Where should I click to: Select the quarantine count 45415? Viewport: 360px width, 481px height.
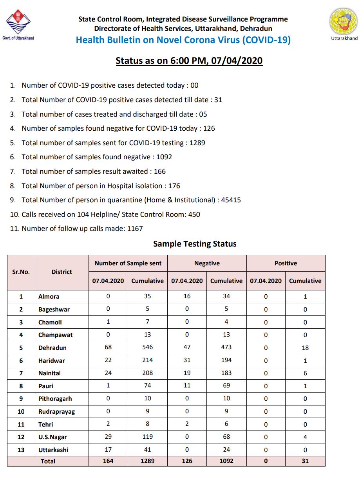[231, 200]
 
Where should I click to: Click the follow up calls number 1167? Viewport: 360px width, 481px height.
[135, 229]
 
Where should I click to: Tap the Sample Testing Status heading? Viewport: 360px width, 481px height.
[195, 244]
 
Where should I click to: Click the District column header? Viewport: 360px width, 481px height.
[62, 272]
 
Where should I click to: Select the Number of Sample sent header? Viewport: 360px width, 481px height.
[128, 263]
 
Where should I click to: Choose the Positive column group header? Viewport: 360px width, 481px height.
[286, 263]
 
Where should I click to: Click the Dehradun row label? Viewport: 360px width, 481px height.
[52, 348]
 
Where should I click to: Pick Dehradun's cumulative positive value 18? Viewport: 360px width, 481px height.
[305, 348]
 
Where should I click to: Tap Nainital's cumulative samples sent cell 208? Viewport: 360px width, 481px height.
[147, 373]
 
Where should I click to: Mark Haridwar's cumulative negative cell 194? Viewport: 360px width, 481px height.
[226, 360]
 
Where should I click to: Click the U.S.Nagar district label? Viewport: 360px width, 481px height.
[53, 437]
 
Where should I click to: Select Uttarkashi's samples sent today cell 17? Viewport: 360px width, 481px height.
[108, 450]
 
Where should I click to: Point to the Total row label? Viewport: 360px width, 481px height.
[48, 461]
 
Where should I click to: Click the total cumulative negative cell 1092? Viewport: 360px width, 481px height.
[226, 461]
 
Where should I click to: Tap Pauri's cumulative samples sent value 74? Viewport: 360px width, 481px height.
[147, 386]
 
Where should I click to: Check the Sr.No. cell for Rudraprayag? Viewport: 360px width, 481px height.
[21, 412]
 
